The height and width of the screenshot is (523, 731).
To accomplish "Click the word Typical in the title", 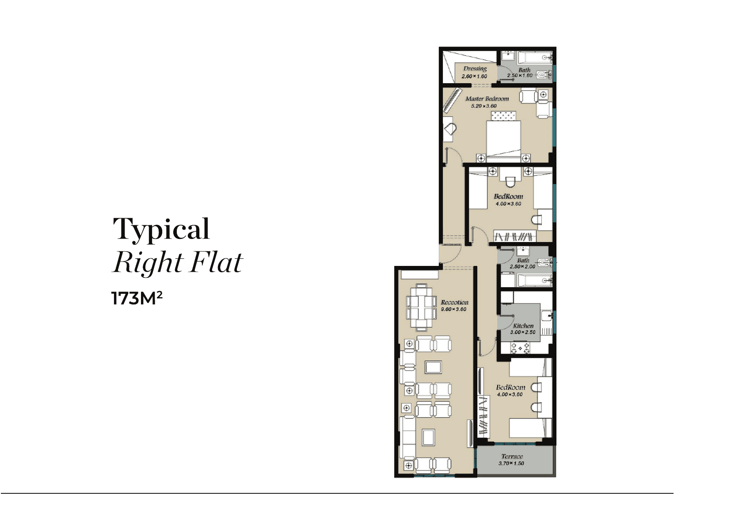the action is [x=161, y=229].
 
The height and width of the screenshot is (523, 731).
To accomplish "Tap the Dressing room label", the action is [x=475, y=69].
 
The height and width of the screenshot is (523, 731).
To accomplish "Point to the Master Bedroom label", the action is [x=487, y=99].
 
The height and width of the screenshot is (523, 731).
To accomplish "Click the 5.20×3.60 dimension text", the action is [x=484, y=106].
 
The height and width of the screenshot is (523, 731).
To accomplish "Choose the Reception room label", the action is [x=455, y=303].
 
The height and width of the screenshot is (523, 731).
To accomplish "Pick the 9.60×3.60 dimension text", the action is [x=453, y=309].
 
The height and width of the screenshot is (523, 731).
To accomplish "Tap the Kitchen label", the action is [x=523, y=326].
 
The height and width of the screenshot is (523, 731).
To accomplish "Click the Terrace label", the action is [x=512, y=456].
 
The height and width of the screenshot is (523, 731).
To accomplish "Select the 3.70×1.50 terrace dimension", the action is [x=511, y=463].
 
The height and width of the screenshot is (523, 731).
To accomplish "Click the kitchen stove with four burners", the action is [x=520, y=348].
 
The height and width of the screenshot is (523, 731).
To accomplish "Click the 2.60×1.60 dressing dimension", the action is [x=474, y=77].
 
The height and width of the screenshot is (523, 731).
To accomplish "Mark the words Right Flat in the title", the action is [x=178, y=262].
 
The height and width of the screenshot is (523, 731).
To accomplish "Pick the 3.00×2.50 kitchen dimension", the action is [x=523, y=332].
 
